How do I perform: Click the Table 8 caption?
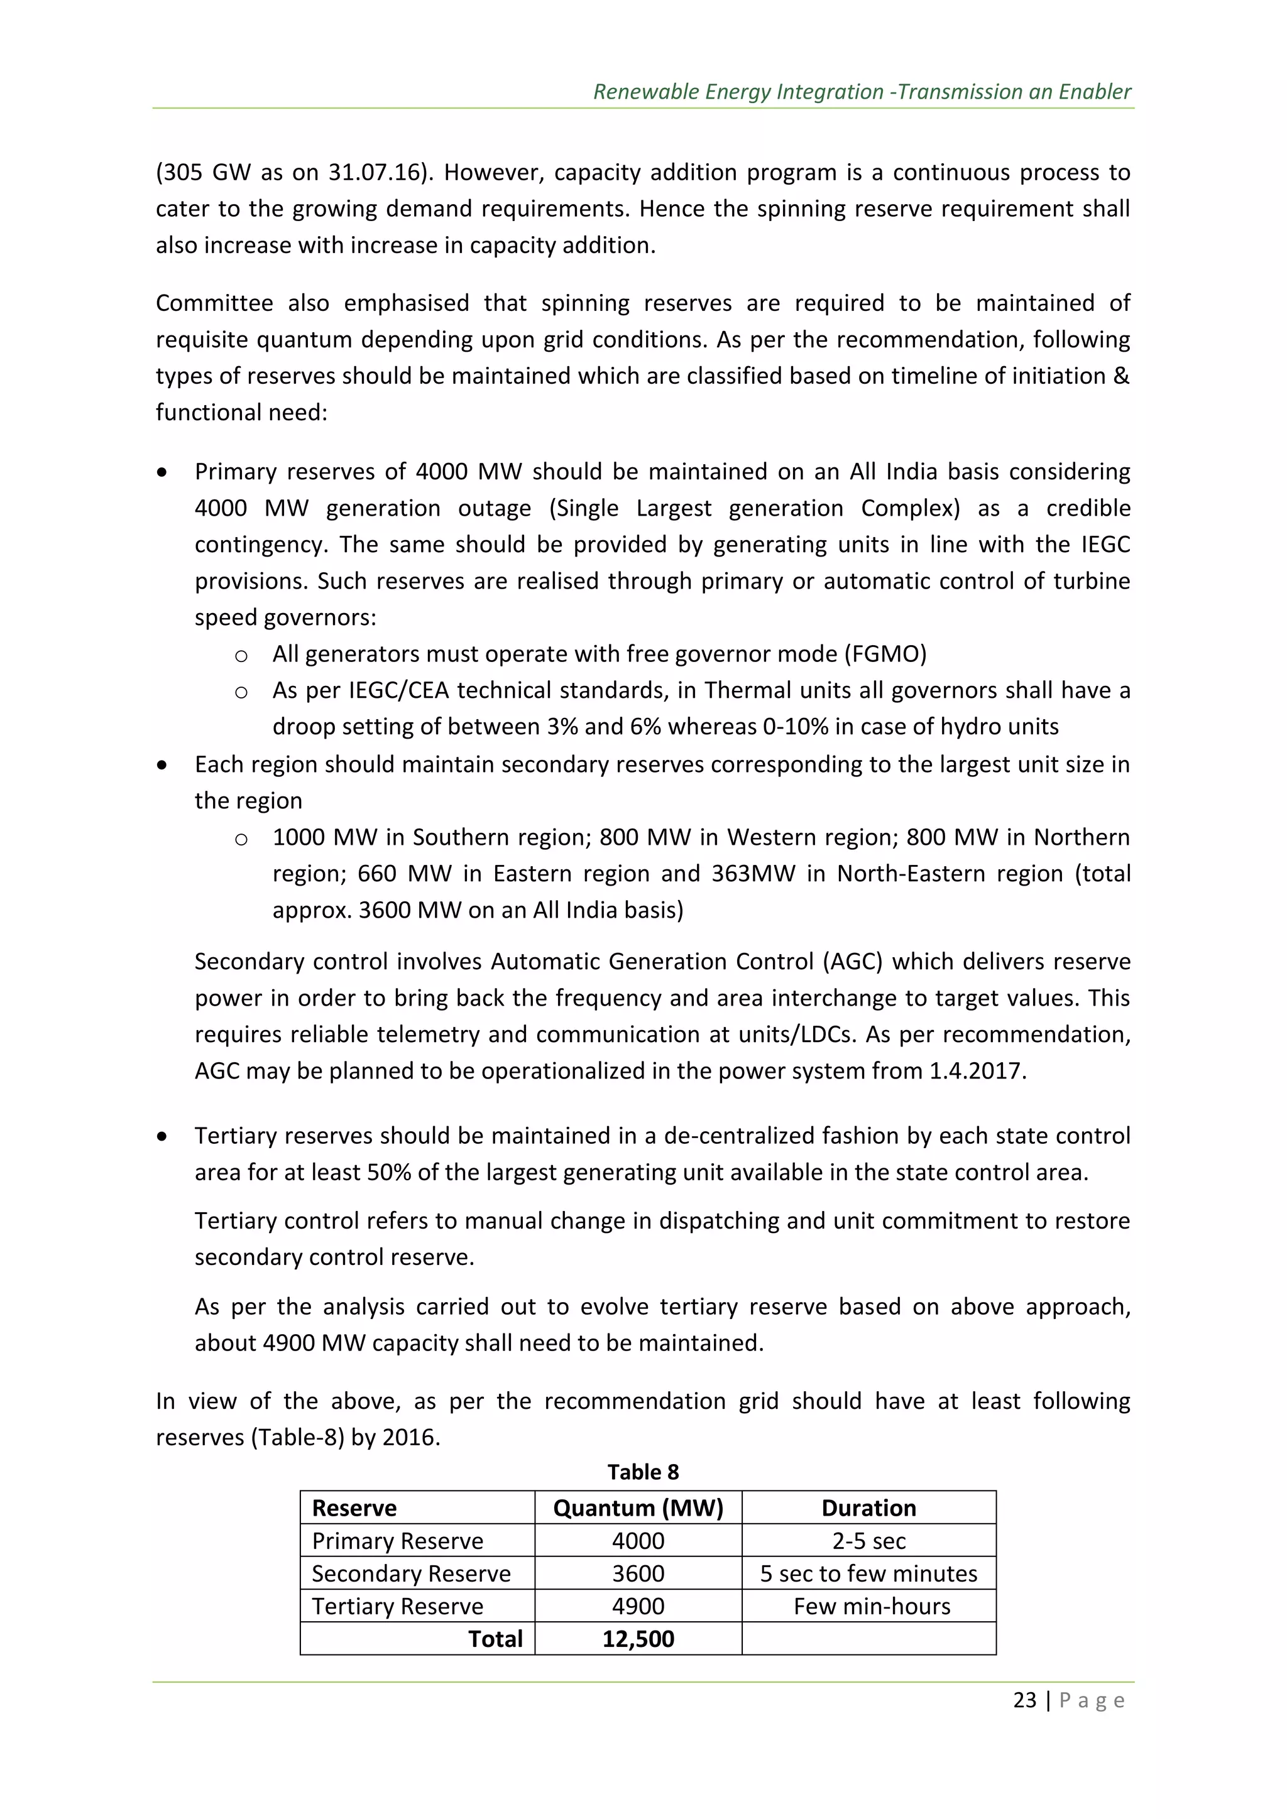click(643, 1472)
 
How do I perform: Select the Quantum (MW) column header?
click(638, 1507)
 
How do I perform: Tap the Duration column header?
click(868, 1507)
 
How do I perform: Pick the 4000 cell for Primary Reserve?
click(638, 1541)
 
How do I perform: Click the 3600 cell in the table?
click(638, 1573)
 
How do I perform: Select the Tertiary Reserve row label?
click(397, 1606)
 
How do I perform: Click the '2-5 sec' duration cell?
click(868, 1541)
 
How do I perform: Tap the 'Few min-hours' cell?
click(872, 1606)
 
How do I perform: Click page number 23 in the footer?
click(1025, 1701)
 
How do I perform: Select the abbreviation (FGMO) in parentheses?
click(885, 654)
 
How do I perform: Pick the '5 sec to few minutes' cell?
click(868, 1573)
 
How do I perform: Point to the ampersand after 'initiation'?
click(1120, 376)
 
